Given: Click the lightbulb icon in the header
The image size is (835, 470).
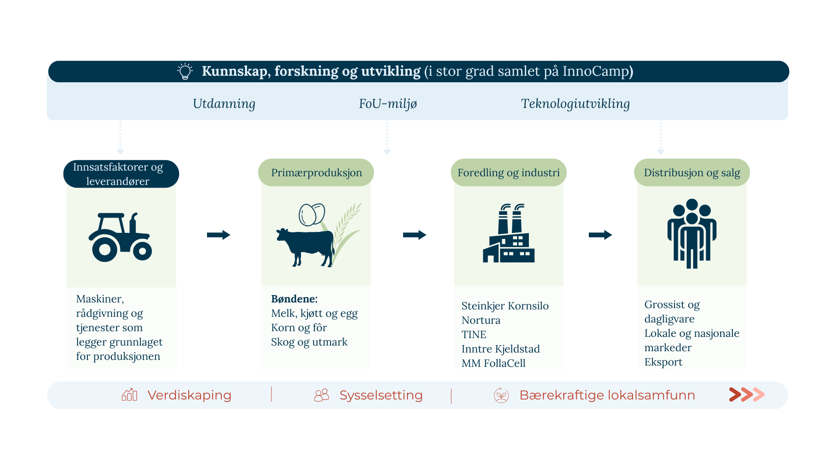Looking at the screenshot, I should pos(185,71).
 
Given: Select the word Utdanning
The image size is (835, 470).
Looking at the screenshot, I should pos(224,104).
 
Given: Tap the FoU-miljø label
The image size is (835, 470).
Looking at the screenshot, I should pos(388,104).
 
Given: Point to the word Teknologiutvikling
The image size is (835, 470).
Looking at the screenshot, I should pos(575,104).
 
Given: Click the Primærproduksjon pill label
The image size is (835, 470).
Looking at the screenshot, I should pos(316,173).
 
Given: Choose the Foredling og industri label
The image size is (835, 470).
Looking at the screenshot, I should pos(508,173).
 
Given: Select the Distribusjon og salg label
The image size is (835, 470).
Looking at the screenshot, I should pos(691,173).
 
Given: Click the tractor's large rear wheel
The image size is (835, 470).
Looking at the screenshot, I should pos(105,249).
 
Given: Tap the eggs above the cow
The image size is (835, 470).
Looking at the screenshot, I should pos(311,215).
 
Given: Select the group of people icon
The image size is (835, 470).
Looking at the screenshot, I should pos(691,233).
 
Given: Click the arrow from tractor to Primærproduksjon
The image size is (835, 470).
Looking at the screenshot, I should pos(218,235).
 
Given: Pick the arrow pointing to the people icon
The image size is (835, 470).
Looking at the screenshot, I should pos(600,235).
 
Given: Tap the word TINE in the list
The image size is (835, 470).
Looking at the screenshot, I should pos(474,335).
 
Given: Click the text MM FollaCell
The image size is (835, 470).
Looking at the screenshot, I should pos(493,363).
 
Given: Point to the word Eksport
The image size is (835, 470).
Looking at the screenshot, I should pos(663,362).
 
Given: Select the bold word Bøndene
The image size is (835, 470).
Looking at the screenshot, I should pos(294,299).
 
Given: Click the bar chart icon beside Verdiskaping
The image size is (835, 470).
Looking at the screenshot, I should pos(130,395).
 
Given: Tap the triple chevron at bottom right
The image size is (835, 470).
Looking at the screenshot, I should pos(746,395).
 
